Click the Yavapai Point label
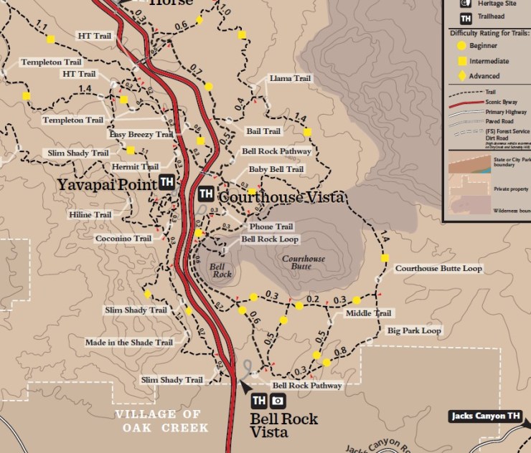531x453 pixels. pyautogui.click(x=107, y=184)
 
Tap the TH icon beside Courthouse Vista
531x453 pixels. pyautogui.click(x=205, y=194)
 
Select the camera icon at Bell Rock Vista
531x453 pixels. pyautogui.click(x=278, y=401)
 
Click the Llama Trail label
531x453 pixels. pyautogui.click(x=289, y=78)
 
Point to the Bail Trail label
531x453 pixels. pyautogui.click(x=263, y=131)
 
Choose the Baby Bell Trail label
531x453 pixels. pyautogui.click(x=276, y=169)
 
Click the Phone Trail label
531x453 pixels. pyautogui.click(x=266, y=226)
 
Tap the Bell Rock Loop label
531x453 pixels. pyautogui.click(x=270, y=239)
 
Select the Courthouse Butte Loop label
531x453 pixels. pyautogui.click(x=438, y=268)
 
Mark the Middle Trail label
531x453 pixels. pyautogui.click(x=368, y=313)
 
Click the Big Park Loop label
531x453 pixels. pyautogui.click(x=414, y=330)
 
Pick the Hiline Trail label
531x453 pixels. pyautogui.click(x=90, y=214)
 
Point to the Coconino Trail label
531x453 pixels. pyautogui.click(x=123, y=238)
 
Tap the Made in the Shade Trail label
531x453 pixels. pyautogui.click(x=128, y=342)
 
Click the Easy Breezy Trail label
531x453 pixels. pyautogui.click(x=141, y=134)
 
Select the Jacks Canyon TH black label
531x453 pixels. pyautogui.click(x=485, y=416)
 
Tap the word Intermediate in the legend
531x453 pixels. pyautogui.click(x=494, y=61)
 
